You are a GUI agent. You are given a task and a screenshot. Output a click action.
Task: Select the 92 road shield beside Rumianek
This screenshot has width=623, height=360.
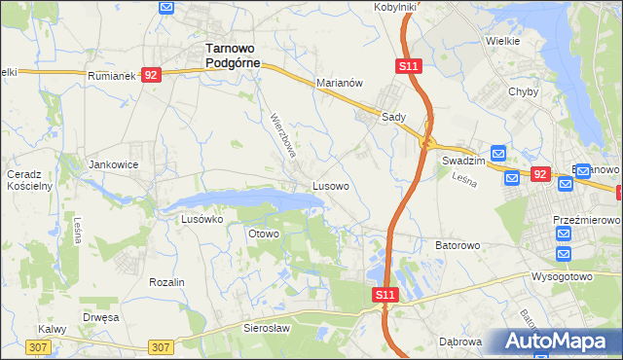coord(150,75)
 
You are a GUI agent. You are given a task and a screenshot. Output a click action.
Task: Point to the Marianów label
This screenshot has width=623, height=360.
coord(339,83)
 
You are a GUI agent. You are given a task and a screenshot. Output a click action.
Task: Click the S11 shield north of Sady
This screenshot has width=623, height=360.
coord(408,65)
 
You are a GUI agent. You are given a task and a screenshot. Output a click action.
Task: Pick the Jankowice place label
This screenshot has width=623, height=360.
coord(114,164)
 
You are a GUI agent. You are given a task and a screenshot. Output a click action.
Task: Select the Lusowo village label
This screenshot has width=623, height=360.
coord(331,184)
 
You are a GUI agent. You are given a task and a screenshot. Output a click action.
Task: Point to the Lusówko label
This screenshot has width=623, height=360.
coord(202,219)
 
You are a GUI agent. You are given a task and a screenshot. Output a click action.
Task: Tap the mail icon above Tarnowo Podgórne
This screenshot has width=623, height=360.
coord(165,7)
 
